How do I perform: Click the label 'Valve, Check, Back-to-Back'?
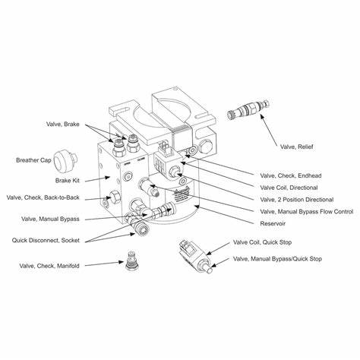point(42,199)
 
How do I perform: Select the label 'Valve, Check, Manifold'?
point(49,265)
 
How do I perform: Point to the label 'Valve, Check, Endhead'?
point(289,175)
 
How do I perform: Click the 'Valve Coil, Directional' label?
point(289,187)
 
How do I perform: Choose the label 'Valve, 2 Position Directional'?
point(295,199)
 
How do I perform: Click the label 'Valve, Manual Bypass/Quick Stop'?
point(277,259)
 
